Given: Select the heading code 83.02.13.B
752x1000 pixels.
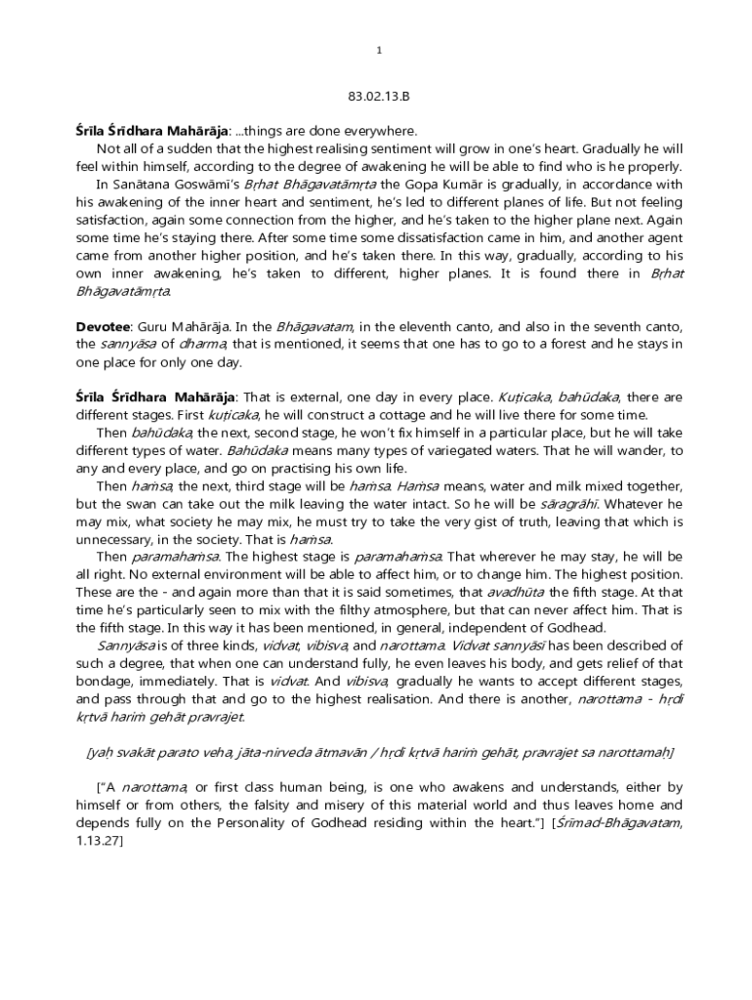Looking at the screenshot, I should coord(379,97).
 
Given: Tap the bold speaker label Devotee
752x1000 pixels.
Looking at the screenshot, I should coord(104,326).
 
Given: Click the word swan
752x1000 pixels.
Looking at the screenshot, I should coord(168,504).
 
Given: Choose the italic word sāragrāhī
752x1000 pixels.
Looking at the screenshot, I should coord(568,504).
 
